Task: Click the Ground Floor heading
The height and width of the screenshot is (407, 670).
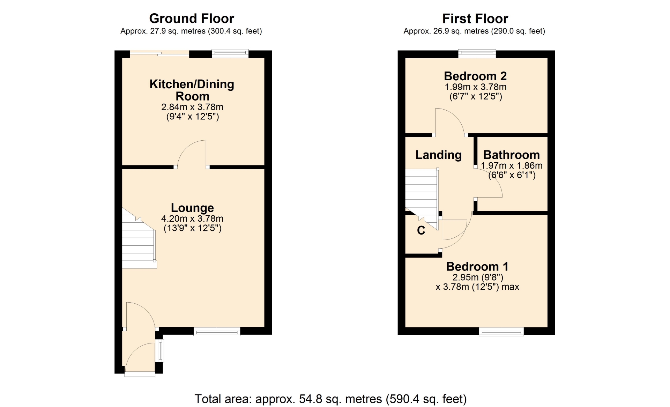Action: click(192, 18)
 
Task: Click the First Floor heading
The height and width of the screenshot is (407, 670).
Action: click(475, 18)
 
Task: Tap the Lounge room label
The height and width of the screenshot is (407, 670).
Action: click(192, 208)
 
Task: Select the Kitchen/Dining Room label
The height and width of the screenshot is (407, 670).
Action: click(192, 90)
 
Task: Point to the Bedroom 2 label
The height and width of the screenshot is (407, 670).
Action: click(475, 76)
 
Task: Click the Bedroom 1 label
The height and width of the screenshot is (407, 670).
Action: click(477, 267)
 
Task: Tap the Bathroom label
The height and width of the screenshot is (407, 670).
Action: click(511, 155)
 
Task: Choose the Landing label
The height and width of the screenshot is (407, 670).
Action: click(438, 155)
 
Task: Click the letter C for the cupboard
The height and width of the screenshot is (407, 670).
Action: click(421, 230)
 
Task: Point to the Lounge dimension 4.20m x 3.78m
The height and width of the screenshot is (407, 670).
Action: click(192, 219)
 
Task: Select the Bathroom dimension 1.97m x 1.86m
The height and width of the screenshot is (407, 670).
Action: click(512, 166)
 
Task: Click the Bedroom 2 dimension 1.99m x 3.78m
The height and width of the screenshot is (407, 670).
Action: click(475, 87)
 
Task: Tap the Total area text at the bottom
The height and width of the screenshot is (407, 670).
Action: click(330, 399)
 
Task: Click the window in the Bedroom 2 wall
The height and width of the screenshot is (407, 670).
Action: click(477, 53)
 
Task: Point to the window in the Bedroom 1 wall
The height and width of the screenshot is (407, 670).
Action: click(501, 332)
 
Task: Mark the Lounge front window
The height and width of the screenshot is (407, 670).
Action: click(217, 332)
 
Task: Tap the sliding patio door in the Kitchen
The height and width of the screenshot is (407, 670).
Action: click(159, 54)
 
